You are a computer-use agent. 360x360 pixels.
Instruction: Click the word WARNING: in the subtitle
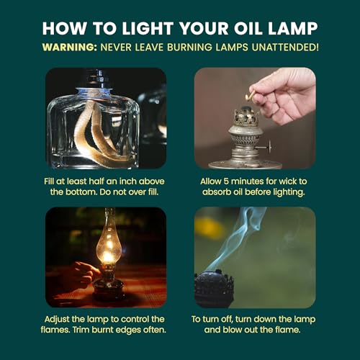tap(70, 47)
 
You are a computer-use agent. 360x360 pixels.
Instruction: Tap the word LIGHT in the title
tap(148, 29)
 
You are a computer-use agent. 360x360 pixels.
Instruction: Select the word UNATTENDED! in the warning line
tap(285, 47)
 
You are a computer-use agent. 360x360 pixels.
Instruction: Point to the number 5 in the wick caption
tap(226, 181)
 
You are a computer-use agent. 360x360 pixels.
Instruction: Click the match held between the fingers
tap(250, 96)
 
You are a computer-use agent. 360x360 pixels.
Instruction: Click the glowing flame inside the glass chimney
tap(107, 257)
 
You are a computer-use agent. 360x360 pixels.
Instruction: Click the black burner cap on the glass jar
tap(100, 79)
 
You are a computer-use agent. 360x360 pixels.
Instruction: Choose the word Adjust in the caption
tap(57, 320)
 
